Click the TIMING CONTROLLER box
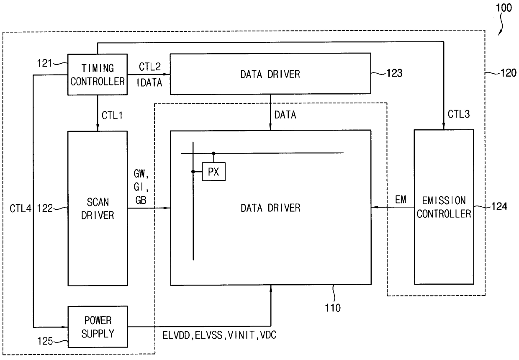(97, 75)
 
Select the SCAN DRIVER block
(98, 208)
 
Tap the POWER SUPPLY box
(98, 327)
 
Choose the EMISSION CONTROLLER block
(444, 207)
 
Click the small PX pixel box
(213, 172)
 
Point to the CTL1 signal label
(112, 116)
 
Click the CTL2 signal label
(150, 67)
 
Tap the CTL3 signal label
(459, 114)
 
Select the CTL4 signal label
(21, 208)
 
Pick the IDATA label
(149, 82)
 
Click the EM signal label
(401, 199)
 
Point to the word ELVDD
(176, 335)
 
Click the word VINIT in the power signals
(241, 335)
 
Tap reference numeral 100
(504, 8)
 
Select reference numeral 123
(394, 73)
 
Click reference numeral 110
(333, 308)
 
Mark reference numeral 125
(45, 341)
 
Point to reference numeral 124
(499, 206)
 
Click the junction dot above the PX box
(213, 153)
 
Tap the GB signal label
(141, 200)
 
